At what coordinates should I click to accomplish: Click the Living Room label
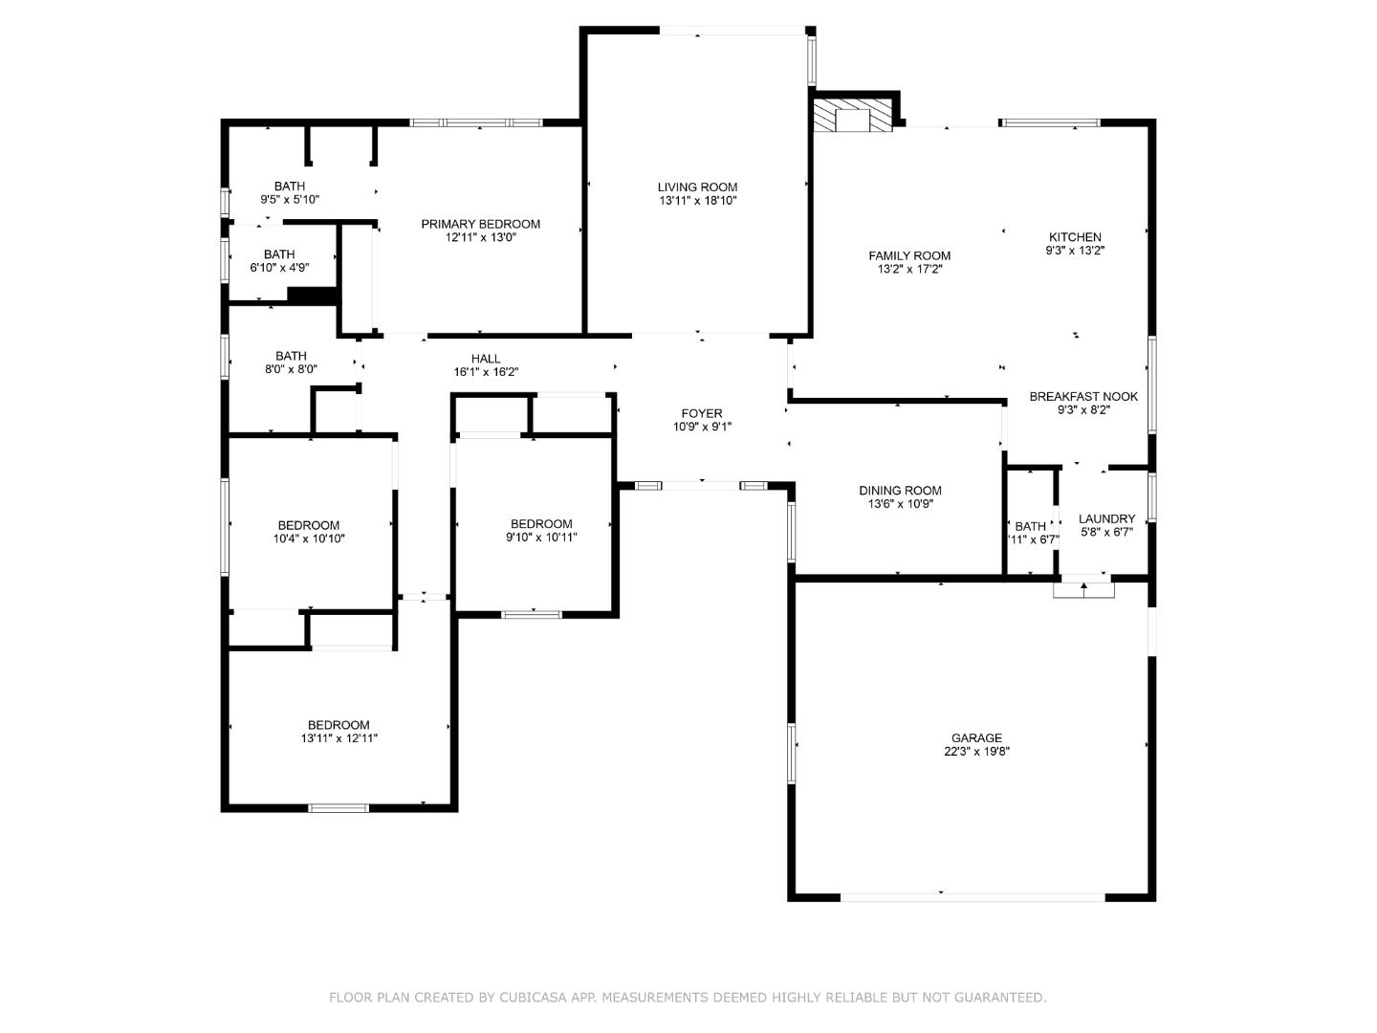697,187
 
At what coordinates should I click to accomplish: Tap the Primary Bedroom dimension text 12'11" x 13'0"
480,238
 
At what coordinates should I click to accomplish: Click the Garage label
976,737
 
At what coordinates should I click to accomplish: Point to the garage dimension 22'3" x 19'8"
976,752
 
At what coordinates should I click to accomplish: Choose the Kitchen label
1075,237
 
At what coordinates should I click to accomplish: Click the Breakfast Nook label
1083,396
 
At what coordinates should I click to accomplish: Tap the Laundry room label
1106,518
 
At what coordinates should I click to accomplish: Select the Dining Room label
900,491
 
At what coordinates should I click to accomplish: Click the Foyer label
701,413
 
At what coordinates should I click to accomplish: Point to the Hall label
486,359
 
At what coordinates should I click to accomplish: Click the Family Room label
909,255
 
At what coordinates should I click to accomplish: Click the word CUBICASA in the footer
530,998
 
